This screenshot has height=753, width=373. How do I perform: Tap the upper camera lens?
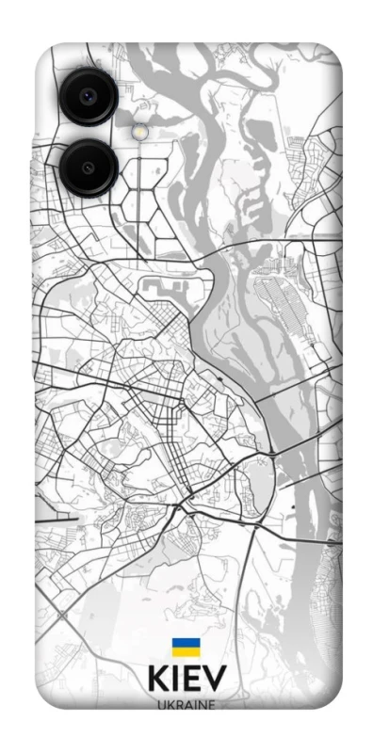88,95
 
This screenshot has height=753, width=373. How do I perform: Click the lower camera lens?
88,168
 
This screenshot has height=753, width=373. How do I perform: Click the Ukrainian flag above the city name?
186,647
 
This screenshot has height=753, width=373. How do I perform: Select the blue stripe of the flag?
186,643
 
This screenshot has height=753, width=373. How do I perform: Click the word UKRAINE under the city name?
186,706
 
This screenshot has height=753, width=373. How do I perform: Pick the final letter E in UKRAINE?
210,706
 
